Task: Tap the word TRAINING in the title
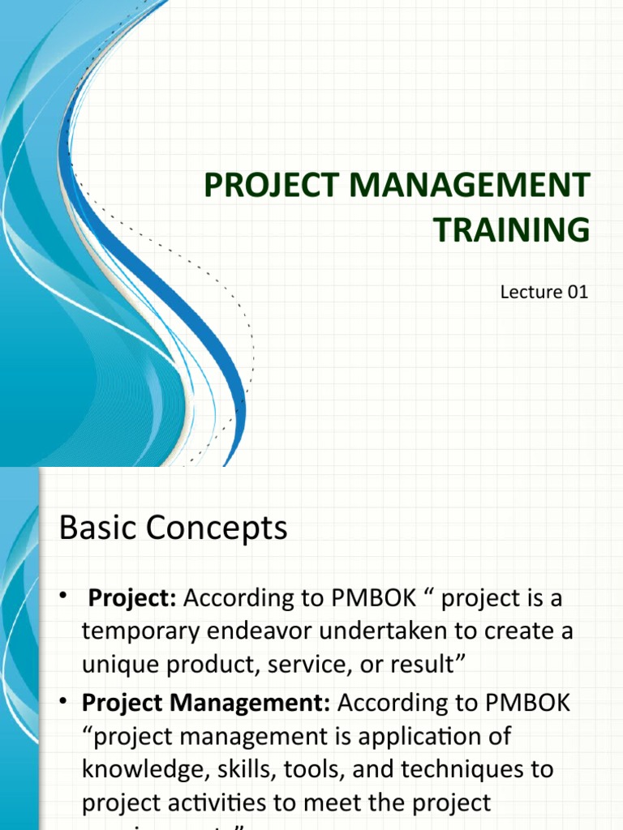[x=511, y=230]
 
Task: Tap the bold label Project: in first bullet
[x=133, y=598]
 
